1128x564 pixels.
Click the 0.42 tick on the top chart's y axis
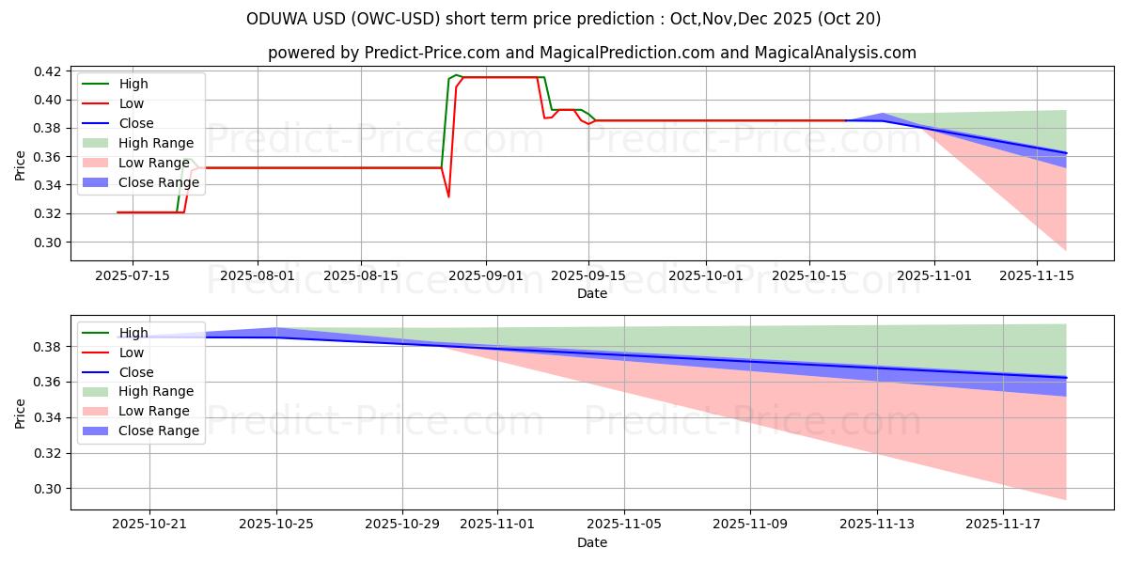tap(48, 71)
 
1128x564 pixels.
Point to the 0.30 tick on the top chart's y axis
tap(48, 243)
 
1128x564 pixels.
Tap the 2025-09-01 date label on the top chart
tap(485, 275)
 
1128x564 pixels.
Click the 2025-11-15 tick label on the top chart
tap(1036, 275)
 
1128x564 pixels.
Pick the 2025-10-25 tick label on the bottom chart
tap(276, 524)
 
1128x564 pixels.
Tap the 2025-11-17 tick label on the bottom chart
tap(1003, 524)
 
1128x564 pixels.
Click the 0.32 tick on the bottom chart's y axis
tap(48, 453)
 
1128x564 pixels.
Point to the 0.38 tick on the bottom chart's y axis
tap(48, 347)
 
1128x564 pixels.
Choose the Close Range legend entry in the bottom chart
tap(159, 431)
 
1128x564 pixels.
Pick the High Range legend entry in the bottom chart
tap(156, 391)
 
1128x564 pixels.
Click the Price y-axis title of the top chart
tap(21, 165)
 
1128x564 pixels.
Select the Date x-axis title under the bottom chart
tap(592, 542)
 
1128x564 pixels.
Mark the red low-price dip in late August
tap(448, 196)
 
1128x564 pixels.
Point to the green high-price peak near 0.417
tap(456, 75)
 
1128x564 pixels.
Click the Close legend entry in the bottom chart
tap(136, 372)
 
